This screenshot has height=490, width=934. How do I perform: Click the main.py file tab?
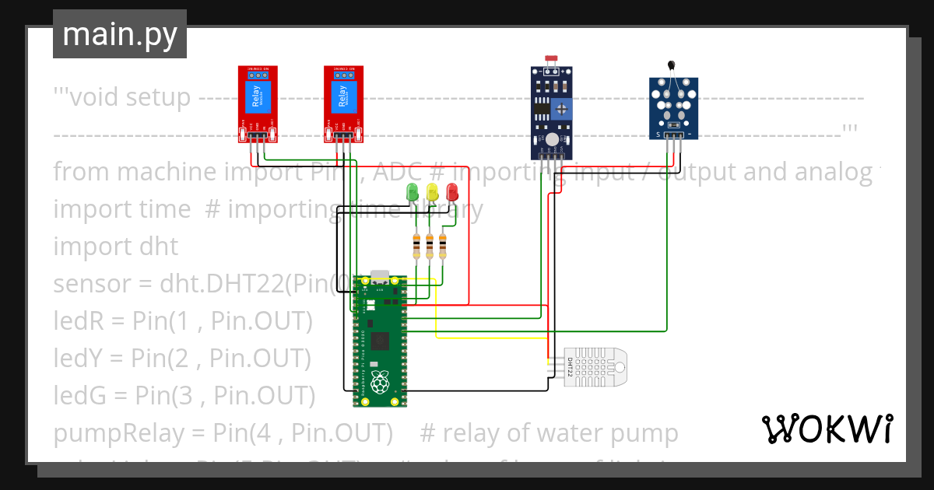(x=119, y=34)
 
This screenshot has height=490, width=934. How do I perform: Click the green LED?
(x=413, y=191)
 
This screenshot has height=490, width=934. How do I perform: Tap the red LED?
(x=452, y=191)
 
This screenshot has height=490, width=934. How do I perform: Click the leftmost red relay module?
(x=257, y=103)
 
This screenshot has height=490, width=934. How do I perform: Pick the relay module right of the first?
(x=343, y=103)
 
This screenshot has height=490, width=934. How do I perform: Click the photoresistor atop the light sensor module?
(x=553, y=59)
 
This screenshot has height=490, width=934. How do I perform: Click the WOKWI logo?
(x=827, y=429)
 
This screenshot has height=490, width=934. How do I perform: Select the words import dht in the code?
(x=115, y=246)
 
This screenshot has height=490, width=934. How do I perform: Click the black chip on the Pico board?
(x=380, y=341)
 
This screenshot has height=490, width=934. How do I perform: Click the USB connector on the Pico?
(x=379, y=275)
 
